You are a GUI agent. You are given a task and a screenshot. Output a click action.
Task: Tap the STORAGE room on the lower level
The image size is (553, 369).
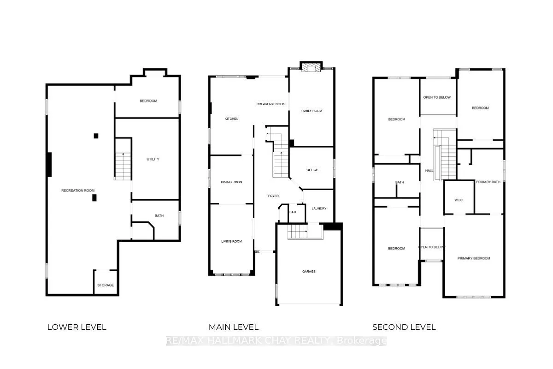pos(106,285)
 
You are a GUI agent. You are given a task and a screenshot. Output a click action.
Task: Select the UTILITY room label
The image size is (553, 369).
pos(153,159)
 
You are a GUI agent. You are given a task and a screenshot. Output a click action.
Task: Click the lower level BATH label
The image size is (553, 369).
pos(159,215)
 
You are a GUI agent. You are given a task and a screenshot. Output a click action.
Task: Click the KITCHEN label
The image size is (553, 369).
pos(231,119)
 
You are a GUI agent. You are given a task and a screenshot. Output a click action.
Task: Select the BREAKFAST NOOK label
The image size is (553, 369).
pos(271,104)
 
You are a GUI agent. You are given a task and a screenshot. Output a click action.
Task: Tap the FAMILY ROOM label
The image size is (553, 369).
pos(312,111)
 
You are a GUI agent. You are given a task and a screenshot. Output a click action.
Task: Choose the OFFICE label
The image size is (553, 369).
pos(312,170)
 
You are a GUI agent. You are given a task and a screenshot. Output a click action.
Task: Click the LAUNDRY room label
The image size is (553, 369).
pos(319,208)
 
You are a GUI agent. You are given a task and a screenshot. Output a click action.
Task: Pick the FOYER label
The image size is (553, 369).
pos(274,196)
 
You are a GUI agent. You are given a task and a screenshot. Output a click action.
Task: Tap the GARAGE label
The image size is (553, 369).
pos(309,271)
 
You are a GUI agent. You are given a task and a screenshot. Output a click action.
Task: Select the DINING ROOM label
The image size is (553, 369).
pos(232,182)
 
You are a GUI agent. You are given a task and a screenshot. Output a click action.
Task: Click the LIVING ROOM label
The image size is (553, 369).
pos(231,241)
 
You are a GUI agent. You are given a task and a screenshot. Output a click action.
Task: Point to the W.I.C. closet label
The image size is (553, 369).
pos(459,200)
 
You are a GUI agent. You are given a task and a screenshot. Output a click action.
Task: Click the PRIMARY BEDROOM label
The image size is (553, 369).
pos(474,258)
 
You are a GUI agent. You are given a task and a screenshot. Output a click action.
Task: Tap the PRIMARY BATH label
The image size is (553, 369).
pos(488,182)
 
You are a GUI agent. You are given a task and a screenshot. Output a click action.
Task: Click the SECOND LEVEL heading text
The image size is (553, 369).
pos(404,327)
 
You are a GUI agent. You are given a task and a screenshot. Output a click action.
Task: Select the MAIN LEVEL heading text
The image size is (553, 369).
pos(234,327)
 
